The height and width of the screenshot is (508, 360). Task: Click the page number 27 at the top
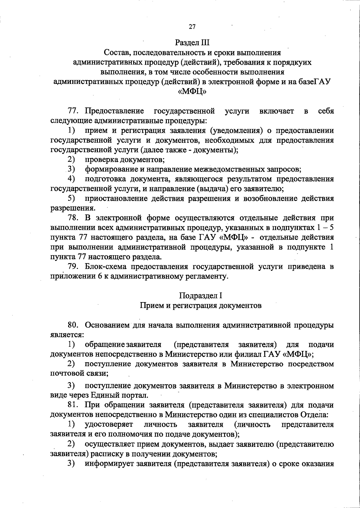click(x=192, y=27)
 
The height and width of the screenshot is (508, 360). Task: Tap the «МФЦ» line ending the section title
click(x=192, y=91)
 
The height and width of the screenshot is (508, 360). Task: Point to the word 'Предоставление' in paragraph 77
click(x=114, y=111)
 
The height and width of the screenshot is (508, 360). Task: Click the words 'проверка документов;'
click(x=124, y=159)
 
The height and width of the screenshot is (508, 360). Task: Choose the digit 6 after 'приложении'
click(x=100, y=276)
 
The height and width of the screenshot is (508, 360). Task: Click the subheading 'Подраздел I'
click(x=200, y=296)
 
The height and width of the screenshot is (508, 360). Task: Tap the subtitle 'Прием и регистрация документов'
click(x=200, y=305)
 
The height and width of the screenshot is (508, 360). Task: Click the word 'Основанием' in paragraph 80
click(x=107, y=325)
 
